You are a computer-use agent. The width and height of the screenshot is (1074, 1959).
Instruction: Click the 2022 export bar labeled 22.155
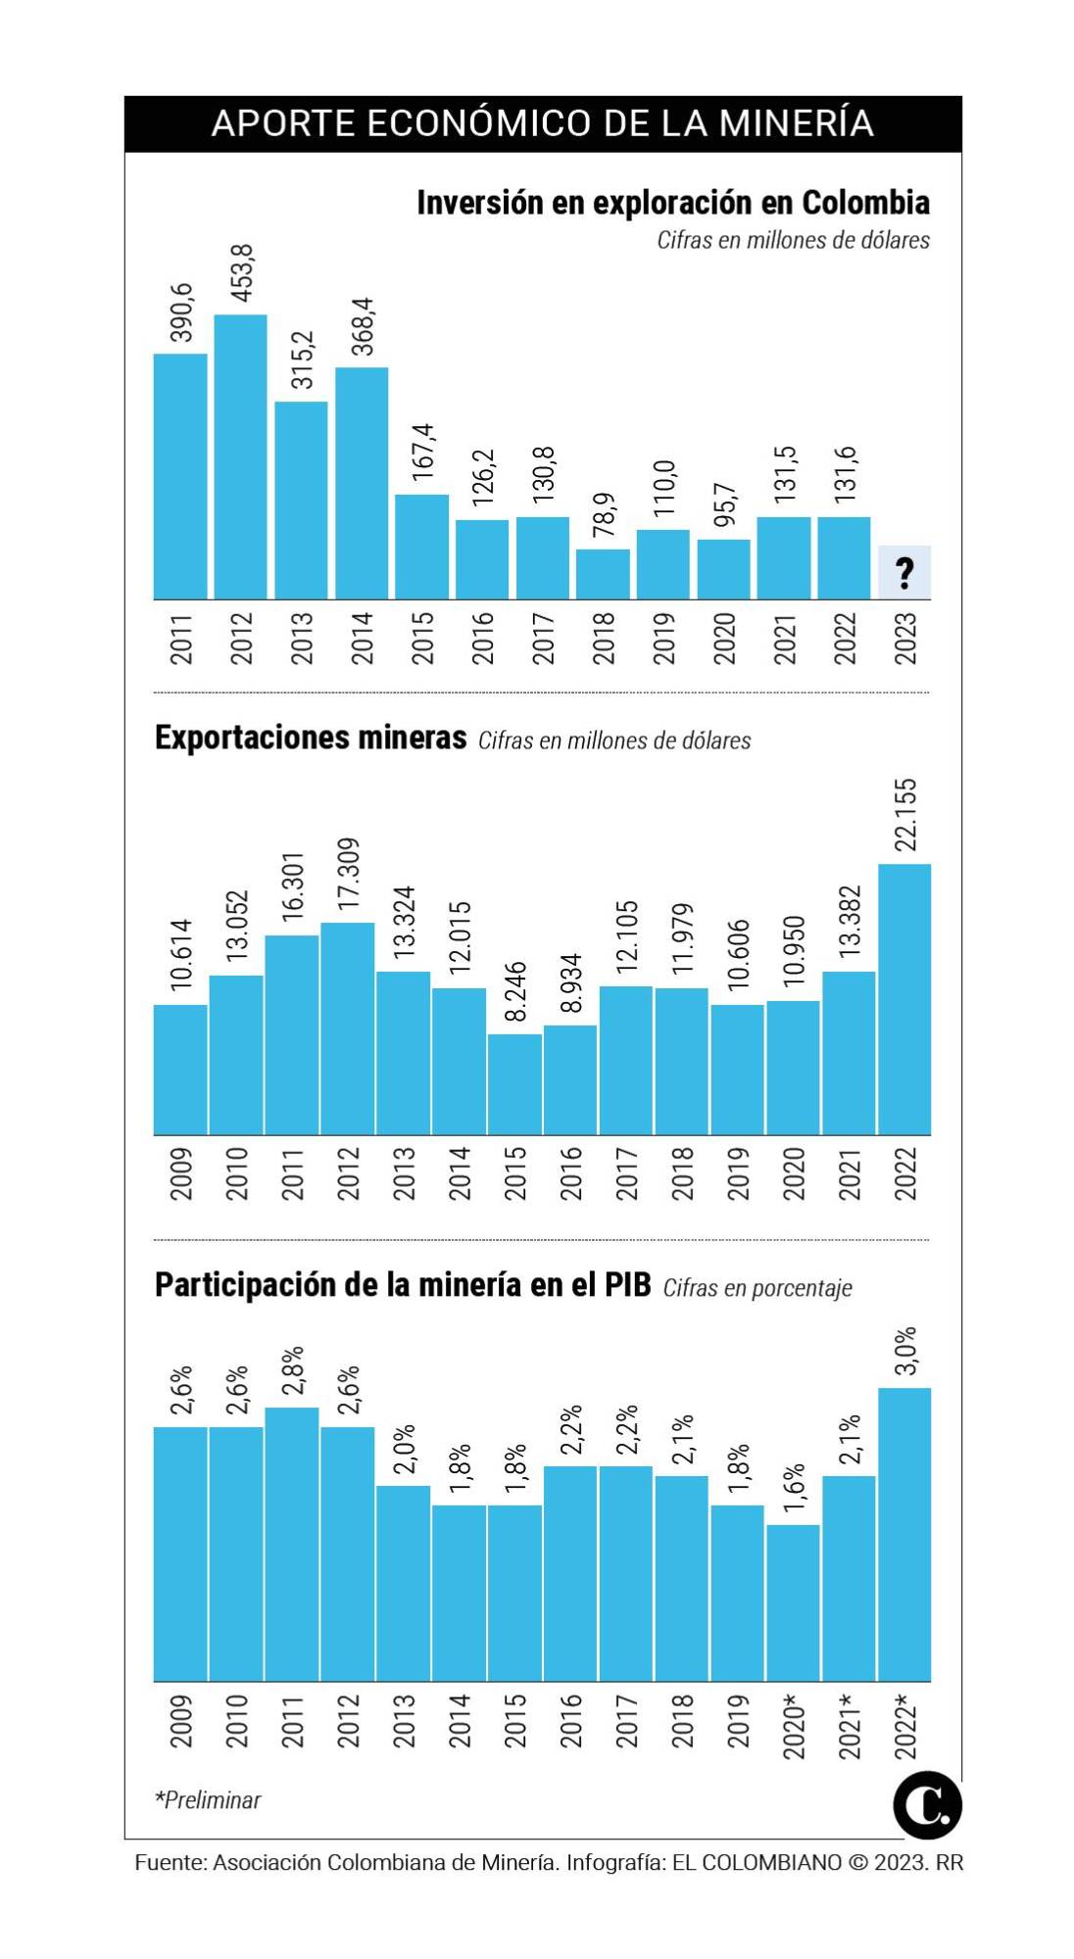click(x=904, y=999)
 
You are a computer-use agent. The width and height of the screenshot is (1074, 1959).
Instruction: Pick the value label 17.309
click(x=348, y=874)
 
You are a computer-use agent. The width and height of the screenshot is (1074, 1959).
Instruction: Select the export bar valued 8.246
click(x=514, y=1084)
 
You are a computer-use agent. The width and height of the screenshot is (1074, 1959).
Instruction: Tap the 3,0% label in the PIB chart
click(x=905, y=1351)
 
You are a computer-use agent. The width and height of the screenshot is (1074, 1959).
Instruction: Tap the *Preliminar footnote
click(x=208, y=1800)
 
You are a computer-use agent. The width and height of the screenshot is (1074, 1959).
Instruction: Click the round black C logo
click(x=927, y=1804)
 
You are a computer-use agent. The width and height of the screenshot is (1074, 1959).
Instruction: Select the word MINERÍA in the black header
click(x=795, y=123)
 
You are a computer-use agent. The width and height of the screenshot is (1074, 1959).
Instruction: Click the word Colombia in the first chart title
click(x=865, y=203)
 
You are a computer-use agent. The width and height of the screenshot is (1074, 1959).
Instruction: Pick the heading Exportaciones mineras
click(x=311, y=738)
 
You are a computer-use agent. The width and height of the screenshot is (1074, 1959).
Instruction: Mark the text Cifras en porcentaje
click(x=757, y=1288)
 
